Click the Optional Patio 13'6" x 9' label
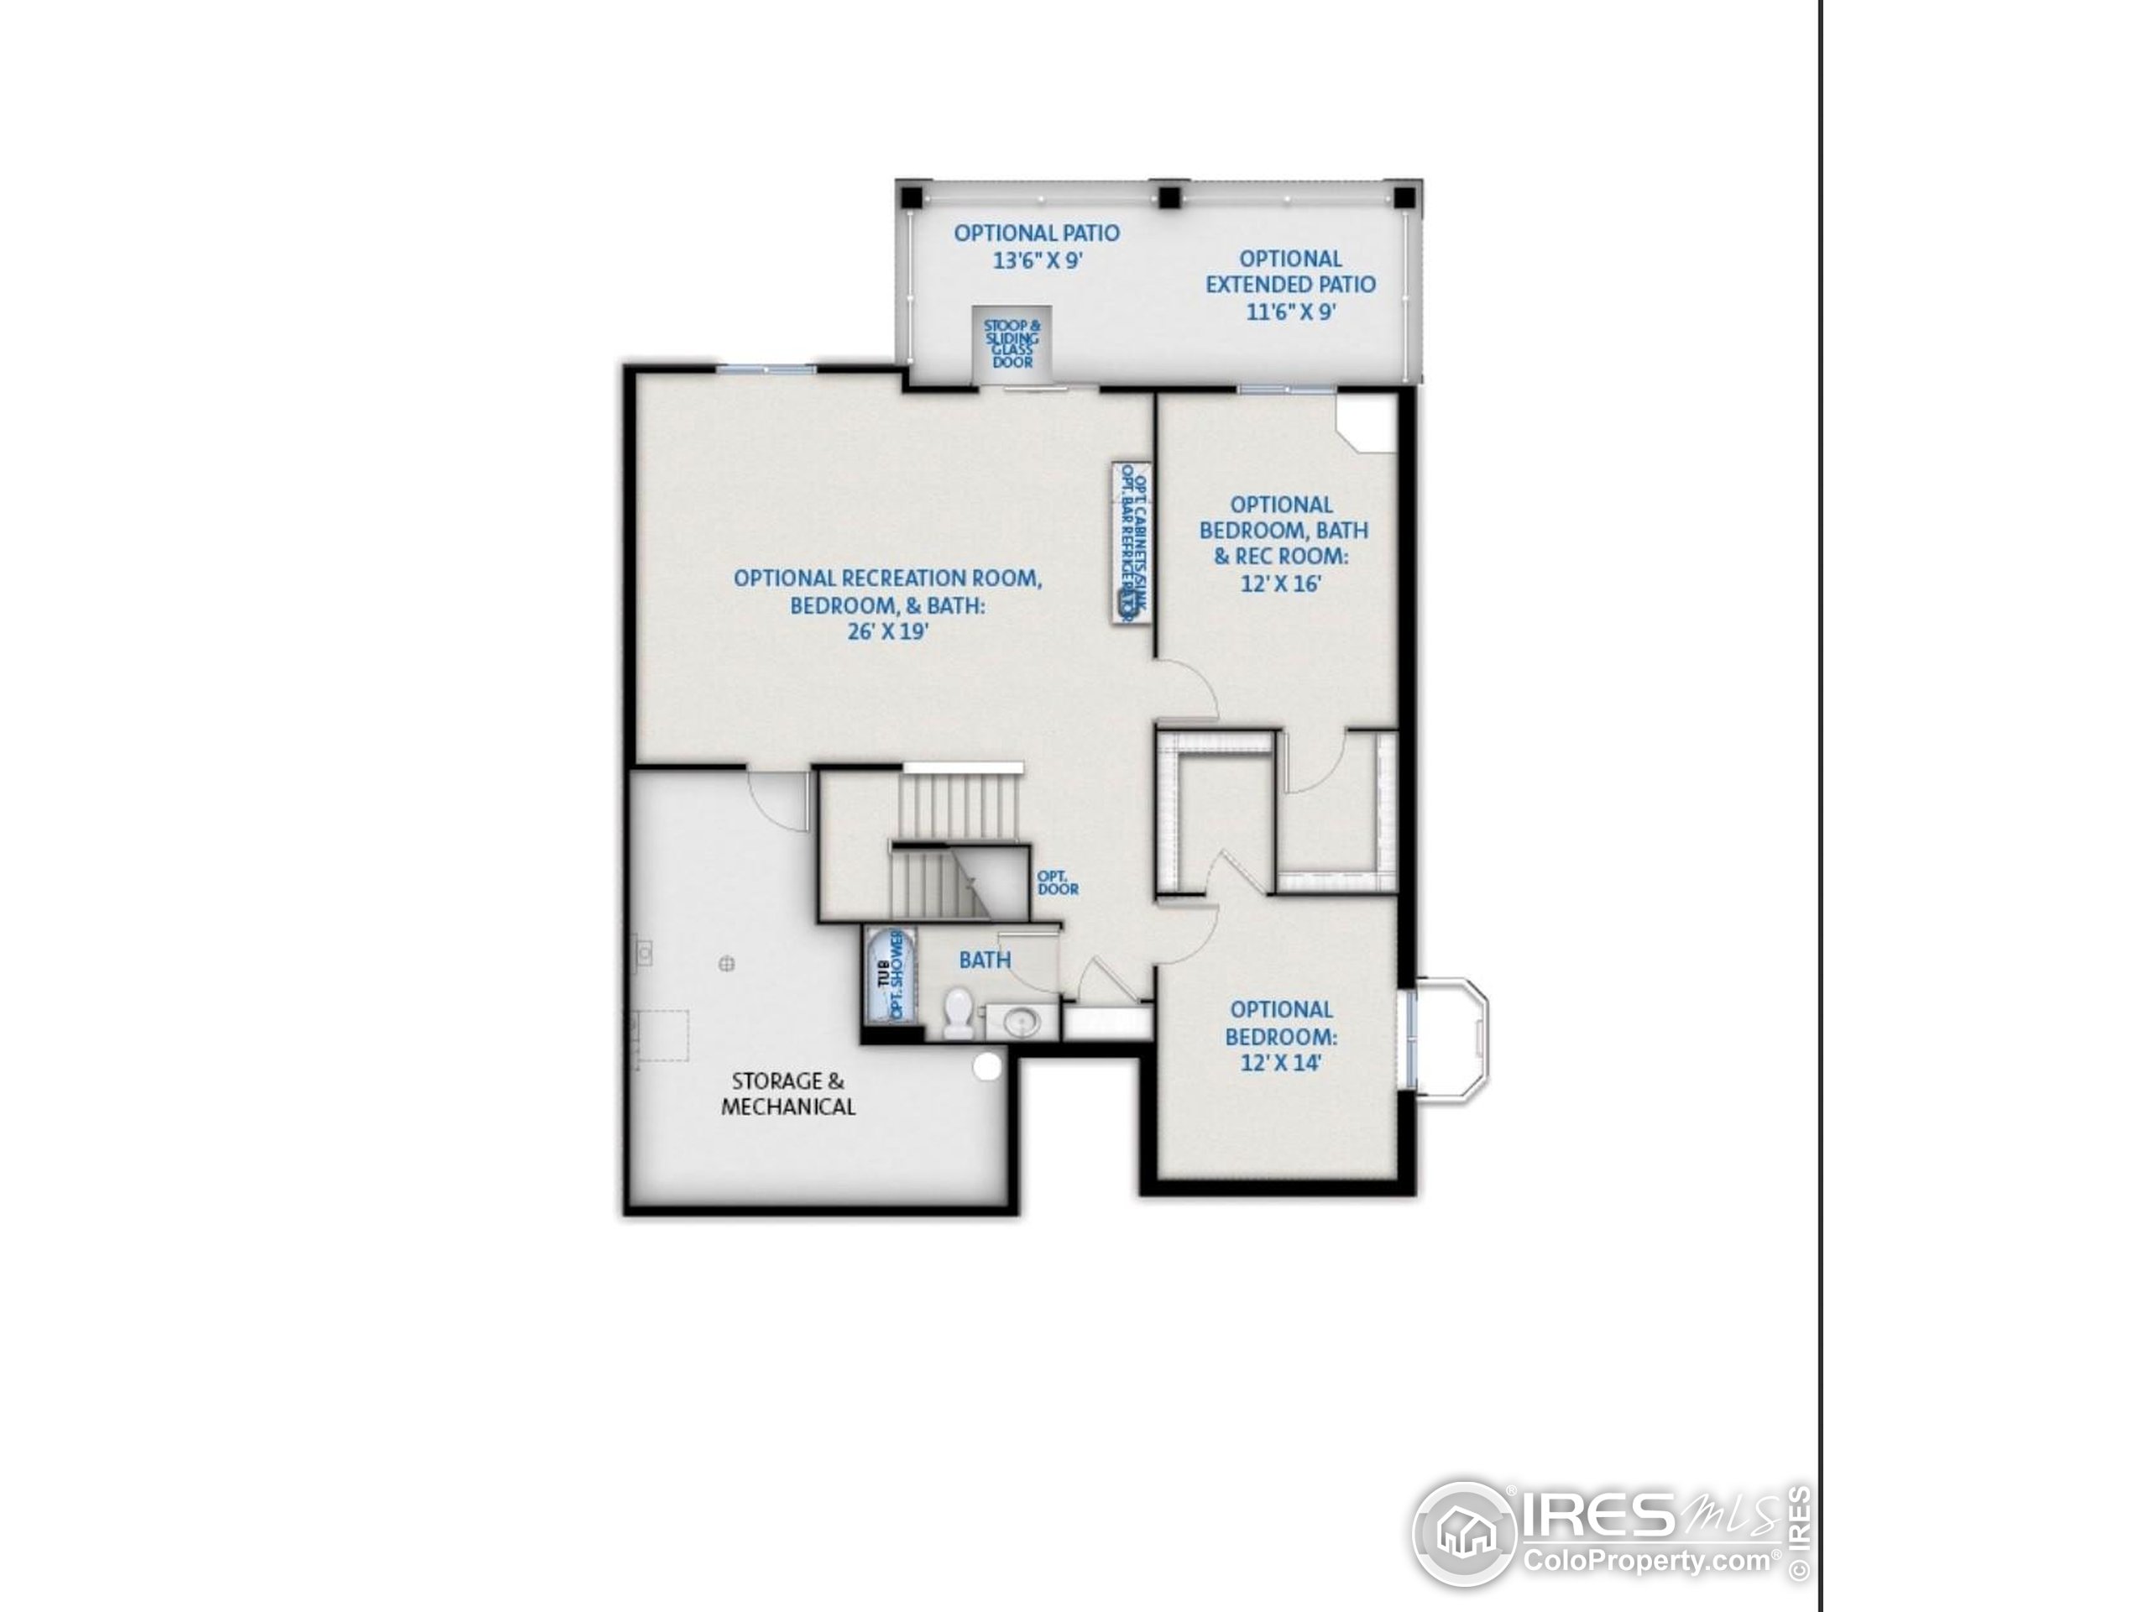click(1036, 247)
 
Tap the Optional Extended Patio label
click(1290, 285)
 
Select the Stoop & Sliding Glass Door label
click(1012, 343)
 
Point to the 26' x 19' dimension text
click(887, 631)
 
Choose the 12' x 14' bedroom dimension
click(1280, 1063)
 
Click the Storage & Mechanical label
click(788, 1093)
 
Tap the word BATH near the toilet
click(984, 960)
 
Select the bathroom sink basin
click(1020, 1021)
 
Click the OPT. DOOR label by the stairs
click(1057, 882)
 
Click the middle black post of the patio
click(1169, 198)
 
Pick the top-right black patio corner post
click(1404, 198)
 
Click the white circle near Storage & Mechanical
click(987, 1066)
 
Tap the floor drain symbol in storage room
click(726, 964)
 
